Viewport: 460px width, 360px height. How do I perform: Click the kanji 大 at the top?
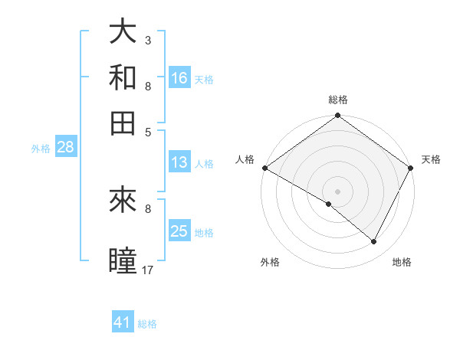(123, 31)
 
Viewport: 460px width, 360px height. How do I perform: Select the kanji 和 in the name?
(123, 77)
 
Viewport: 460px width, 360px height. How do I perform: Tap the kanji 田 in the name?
(123, 123)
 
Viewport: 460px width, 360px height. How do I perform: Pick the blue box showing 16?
(179, 78)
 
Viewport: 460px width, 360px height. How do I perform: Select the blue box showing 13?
(179, 162)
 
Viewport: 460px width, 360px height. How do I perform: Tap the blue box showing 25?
(179, 231)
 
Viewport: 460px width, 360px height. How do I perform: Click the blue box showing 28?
(65, 148)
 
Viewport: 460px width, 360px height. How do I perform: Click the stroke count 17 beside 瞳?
(148, 270)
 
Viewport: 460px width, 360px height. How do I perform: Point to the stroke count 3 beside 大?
(148, 40)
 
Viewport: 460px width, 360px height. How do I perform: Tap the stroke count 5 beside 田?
(148, 132)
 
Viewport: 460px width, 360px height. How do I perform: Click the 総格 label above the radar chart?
(338, 100)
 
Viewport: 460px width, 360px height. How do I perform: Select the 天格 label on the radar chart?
(431, 159)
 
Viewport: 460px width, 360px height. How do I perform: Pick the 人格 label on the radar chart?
(245, 159)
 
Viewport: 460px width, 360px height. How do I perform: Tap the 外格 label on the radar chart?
(269, 262)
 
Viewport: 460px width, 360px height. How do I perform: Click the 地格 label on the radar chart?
(402, 262)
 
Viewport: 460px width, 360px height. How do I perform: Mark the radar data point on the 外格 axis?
(329, 204)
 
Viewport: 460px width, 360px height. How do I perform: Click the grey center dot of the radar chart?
(338, 190)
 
